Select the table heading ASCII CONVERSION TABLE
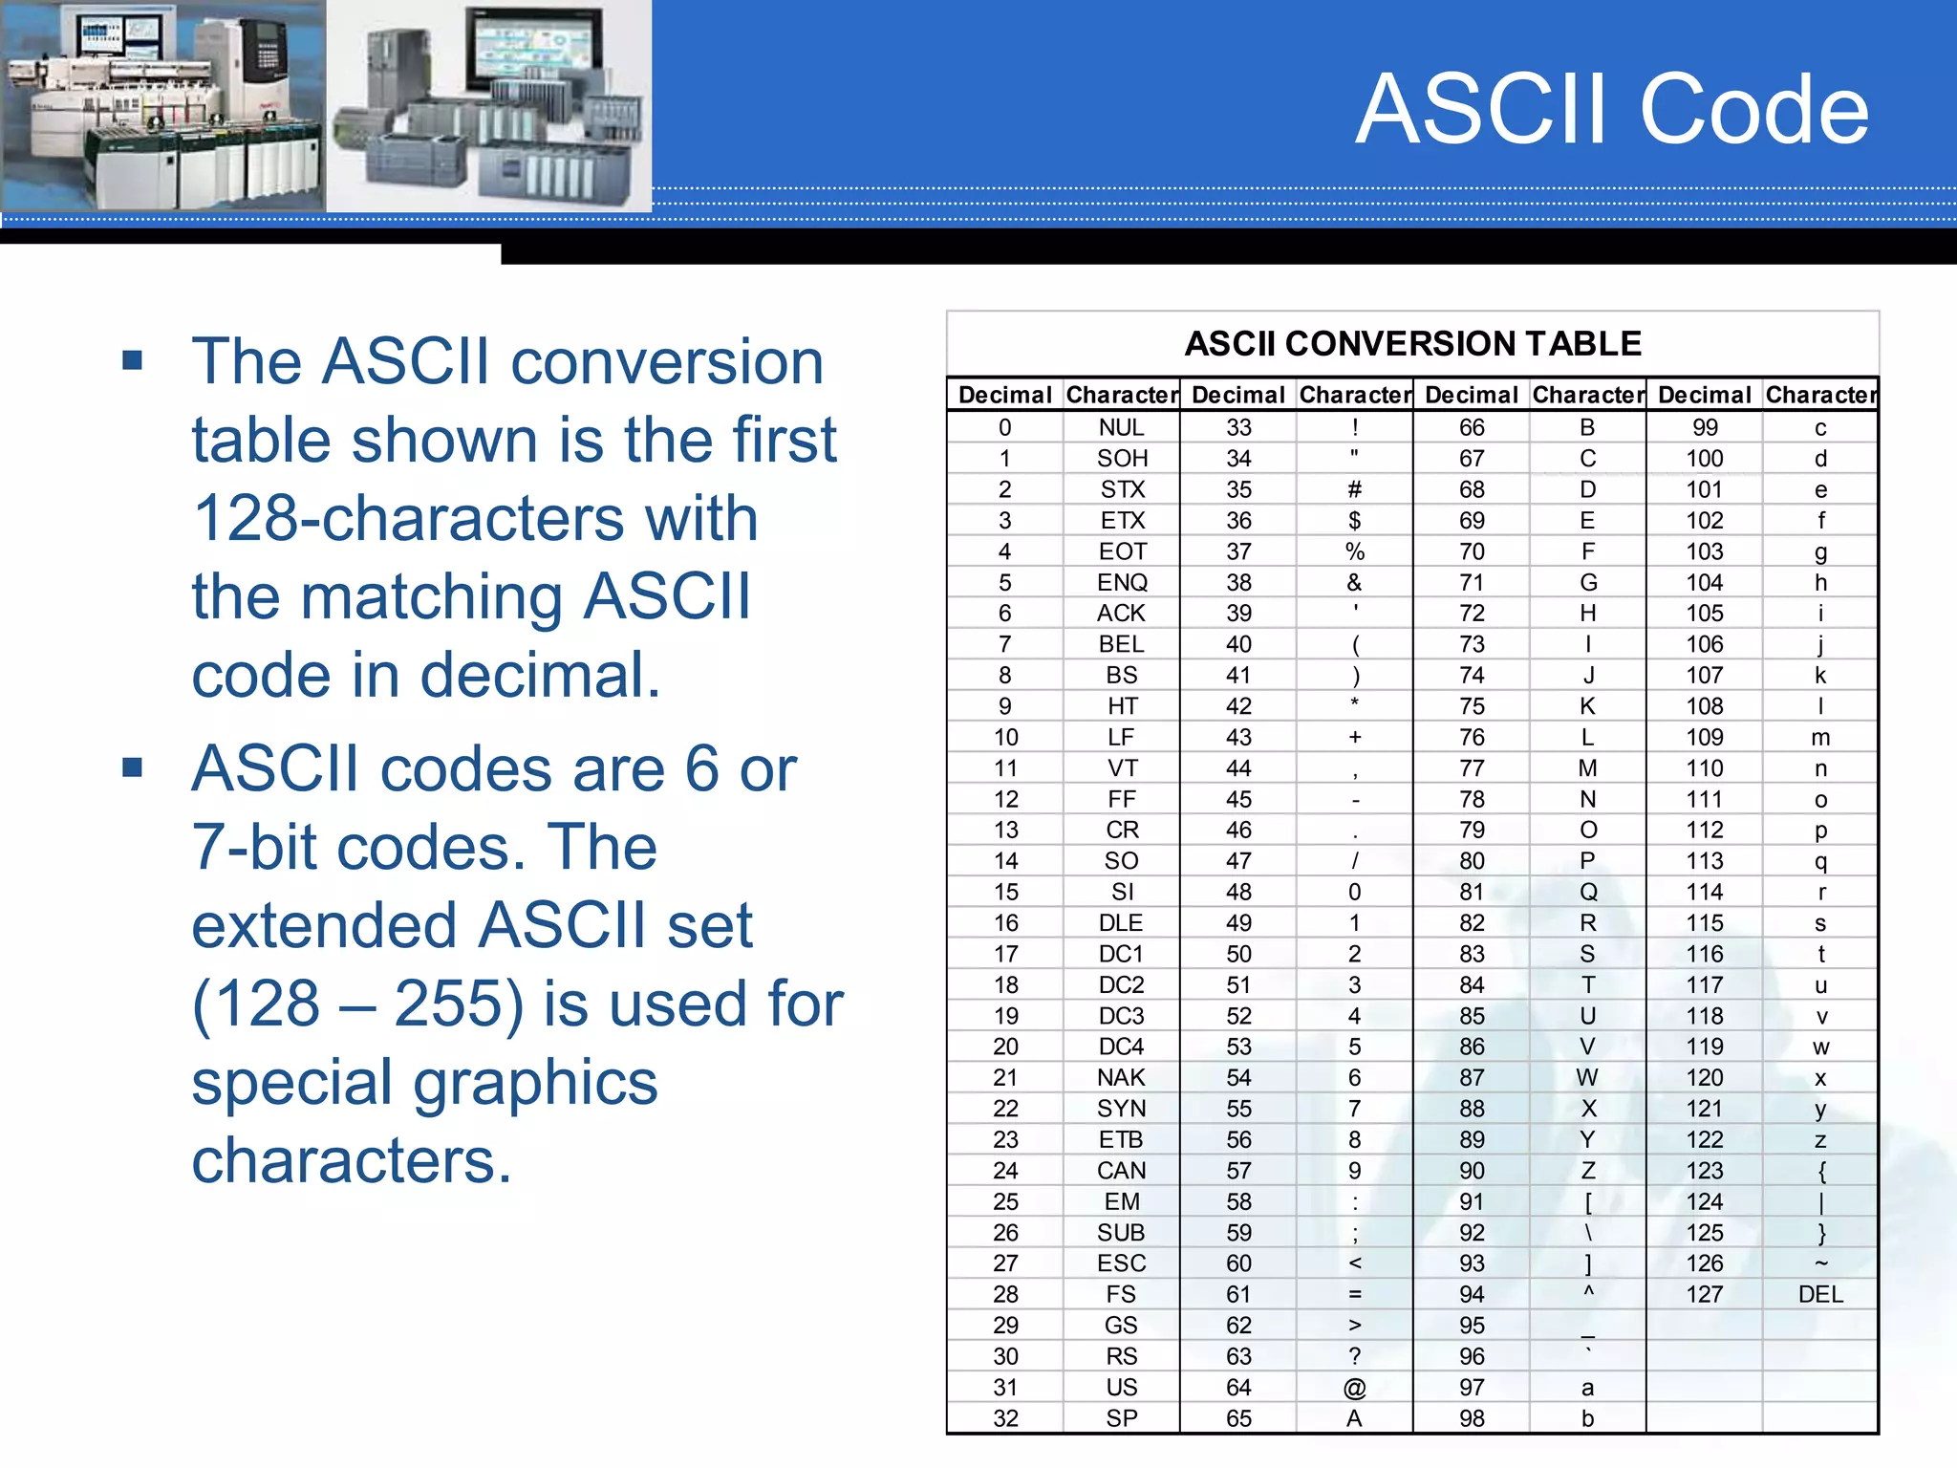(1412, 343)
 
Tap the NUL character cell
(1121, 427)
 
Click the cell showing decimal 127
(1704, 1294)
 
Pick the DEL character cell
(1819, 1294)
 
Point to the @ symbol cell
(1354, 1387)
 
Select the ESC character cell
(1121, 1263)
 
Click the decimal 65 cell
(1238, 1418)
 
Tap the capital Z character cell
(1587, 1171)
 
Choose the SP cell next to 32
(1121, 1418)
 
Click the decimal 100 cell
(1704, 459)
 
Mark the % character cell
(1354, 551)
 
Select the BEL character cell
(1121, 644)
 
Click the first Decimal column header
(1004, 395)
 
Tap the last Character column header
(1820, 395)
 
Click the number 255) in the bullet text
(459, 1004)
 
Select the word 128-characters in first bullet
(475, 518)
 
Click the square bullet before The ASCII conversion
(133, 360)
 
